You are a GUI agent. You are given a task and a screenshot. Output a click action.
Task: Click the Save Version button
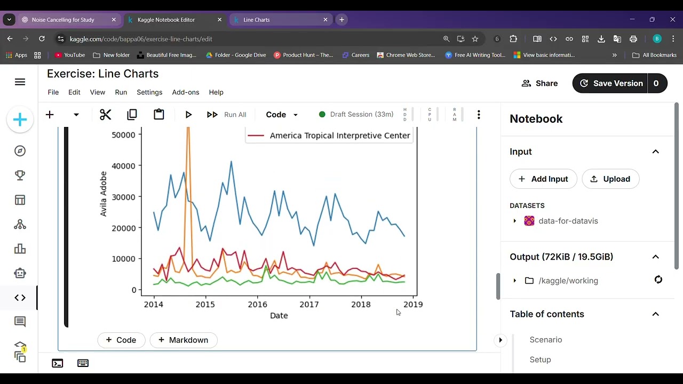pyautogui.click(x=611, y=83)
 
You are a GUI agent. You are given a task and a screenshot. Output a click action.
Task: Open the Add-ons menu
pyautogui.click(x=185, y=92)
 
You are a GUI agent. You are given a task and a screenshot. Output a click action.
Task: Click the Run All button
pyautogui.click(x=227, y=115)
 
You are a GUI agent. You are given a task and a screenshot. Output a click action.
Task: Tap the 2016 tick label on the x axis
pyautogui.click(x=257, y=305)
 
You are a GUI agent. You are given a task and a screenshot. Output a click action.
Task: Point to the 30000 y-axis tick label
pyautogui.click(x=123, y=197)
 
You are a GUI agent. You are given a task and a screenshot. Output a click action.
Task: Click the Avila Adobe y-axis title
pyautogui.click(x=104, y=194)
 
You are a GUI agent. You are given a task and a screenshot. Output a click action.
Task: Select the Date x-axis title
pyautogui.click(x=279, y=316)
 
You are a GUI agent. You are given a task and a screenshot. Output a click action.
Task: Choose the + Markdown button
pyautogui.click(x=183, y=340)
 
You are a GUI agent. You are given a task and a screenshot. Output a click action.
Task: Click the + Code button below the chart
pyautogui.click(x=121, y=340)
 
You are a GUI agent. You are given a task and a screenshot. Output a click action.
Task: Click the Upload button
pyautogui.click(x=610, y=179)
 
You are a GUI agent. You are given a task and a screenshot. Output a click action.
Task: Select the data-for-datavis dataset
pyautogui.click(x=568, y=221)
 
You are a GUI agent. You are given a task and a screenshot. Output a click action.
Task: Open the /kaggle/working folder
pyautogui.click(x=568, y=281)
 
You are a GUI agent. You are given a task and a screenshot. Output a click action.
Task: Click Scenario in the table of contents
pyautogui.click(x=545, y=340)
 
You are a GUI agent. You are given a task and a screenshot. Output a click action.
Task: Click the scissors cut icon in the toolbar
pyautogui.click(x=105, y=115)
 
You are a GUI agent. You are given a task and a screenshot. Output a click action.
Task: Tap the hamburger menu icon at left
pyautogui.click(x=20, y=82)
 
